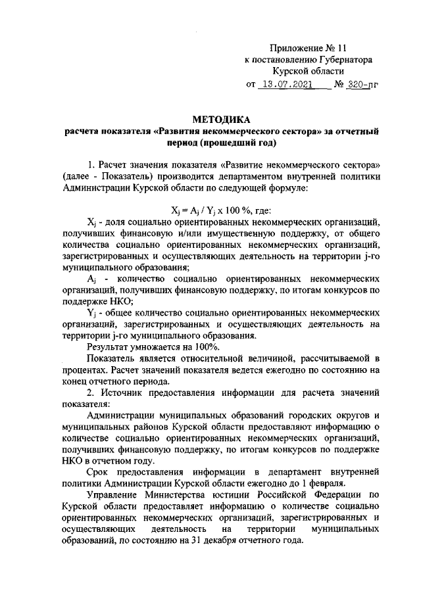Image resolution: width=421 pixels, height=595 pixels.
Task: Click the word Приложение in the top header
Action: (x=297, y=48)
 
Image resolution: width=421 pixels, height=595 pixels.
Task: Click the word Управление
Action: (x=116, y=496)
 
